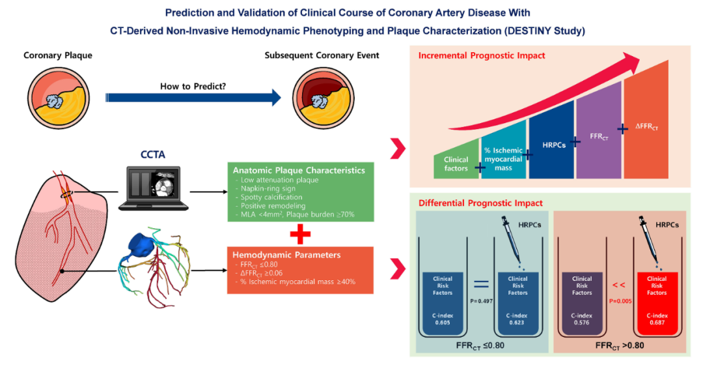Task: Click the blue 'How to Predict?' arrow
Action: point(195,98)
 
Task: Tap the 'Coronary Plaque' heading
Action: point(58,55)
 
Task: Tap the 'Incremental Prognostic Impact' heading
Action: point(482,55)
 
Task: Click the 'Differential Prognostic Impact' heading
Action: point(481,203)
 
